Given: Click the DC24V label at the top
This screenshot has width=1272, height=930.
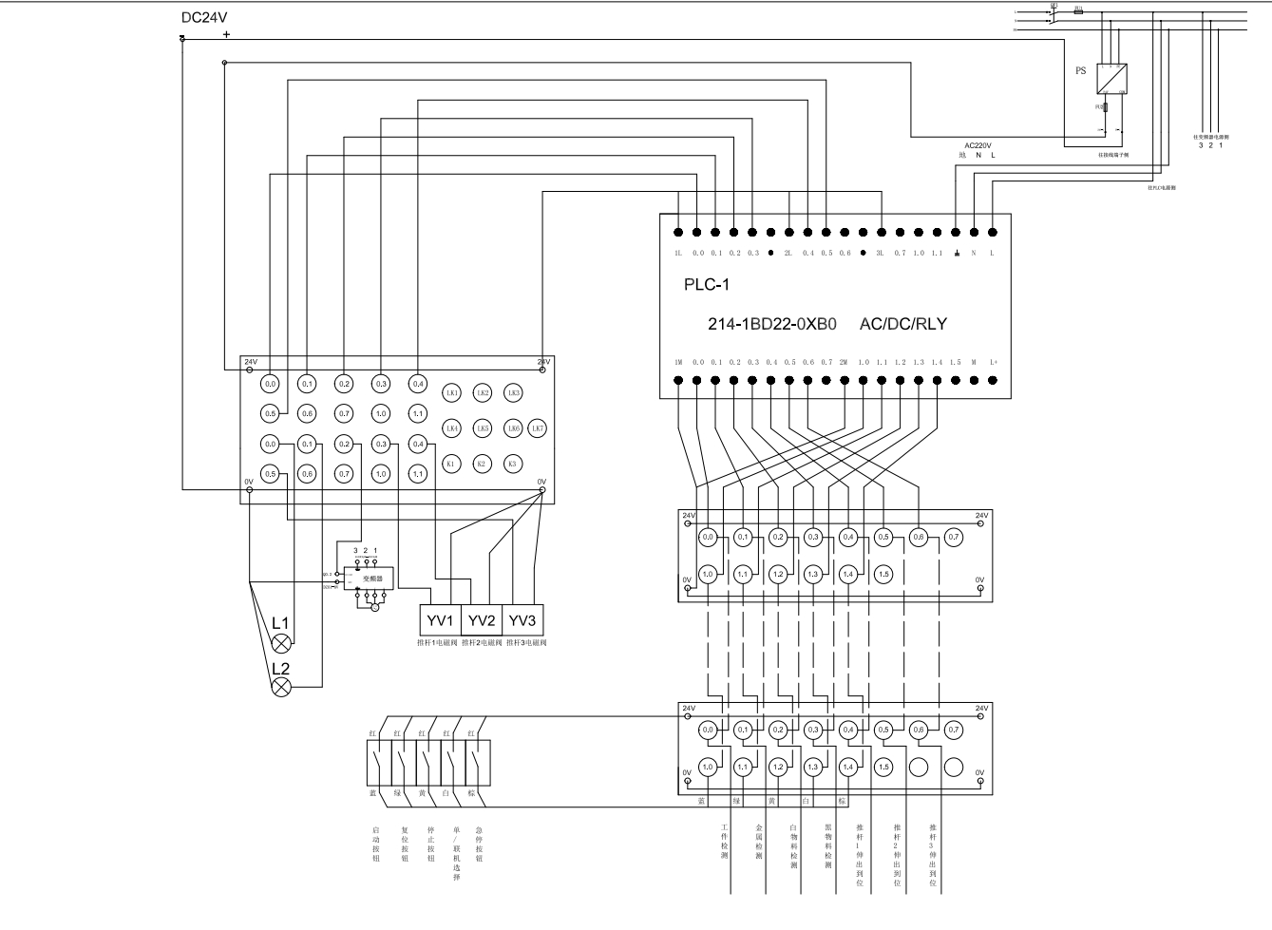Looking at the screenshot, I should [x=204, y=17].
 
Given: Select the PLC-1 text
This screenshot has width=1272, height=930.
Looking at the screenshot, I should [x=707, y=284].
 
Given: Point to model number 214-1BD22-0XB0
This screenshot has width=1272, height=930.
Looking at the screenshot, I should [x=771, y=323].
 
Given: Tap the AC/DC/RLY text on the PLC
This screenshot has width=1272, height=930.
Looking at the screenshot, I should [x=902, y=323].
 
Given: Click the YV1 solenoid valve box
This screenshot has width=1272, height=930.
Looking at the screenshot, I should [x=441, y=620].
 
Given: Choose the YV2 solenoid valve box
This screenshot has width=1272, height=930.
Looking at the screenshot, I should [x=482, y=620].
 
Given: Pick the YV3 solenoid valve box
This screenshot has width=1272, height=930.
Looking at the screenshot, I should [x=522, y=620].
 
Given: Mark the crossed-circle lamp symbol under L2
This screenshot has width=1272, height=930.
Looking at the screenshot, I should [x=281, y=687].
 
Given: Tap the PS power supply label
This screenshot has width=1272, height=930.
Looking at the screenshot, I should [x=1080, y=71].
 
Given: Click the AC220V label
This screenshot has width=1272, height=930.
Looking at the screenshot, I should [x=978, y=145].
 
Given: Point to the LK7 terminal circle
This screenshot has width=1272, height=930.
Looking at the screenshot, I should [x=538, y=428].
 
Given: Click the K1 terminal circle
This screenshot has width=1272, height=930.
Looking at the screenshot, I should [x=452, y=464].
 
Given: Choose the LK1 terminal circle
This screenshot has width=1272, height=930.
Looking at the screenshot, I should [x=452, y=392].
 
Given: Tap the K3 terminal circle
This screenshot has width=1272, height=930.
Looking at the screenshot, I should [x=512, y=464].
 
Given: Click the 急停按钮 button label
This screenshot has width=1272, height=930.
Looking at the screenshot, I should [x=479, y=844].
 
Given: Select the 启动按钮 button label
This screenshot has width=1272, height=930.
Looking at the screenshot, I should [x=376, y=844].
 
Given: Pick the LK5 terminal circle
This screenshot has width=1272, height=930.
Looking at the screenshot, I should [x=483, y=428].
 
